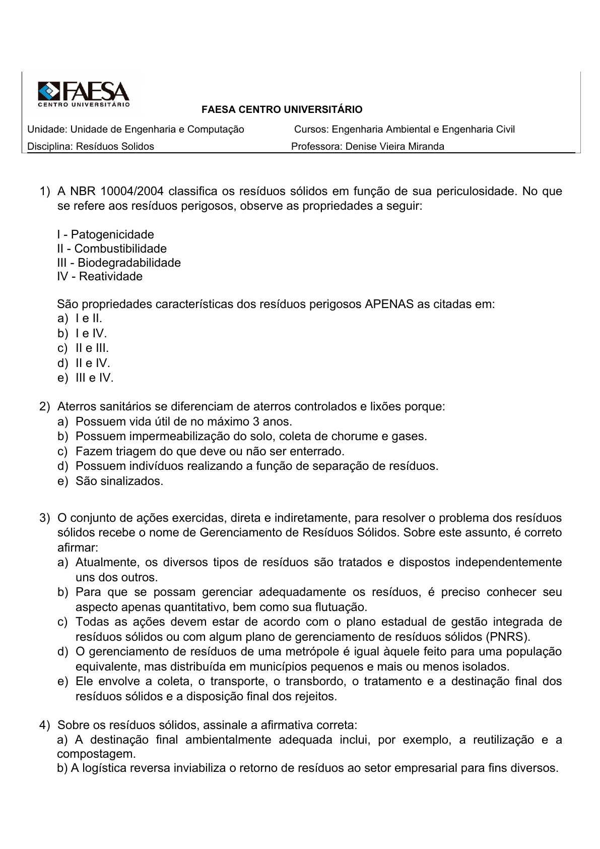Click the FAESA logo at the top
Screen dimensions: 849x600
pos(84,94)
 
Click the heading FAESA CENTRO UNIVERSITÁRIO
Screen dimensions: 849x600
pos(282,109)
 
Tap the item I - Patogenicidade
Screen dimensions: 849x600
pos(105,234)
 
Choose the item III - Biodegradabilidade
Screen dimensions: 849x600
pos(119,263)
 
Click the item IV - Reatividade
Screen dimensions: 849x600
pos(100,276)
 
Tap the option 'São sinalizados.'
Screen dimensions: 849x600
pos(119,481)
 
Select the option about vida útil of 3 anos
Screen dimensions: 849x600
pos(184,421)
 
